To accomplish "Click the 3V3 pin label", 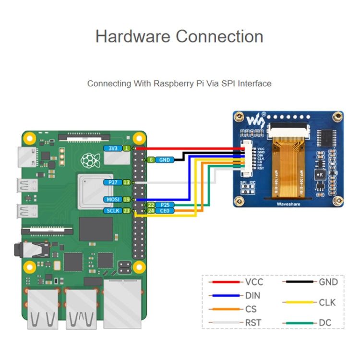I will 112,149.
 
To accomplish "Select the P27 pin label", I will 112,182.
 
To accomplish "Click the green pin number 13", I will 127,182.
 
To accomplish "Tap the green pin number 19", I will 127,199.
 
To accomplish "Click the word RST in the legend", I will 253,323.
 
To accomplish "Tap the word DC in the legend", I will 325,323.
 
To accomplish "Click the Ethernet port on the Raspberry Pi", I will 122,302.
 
